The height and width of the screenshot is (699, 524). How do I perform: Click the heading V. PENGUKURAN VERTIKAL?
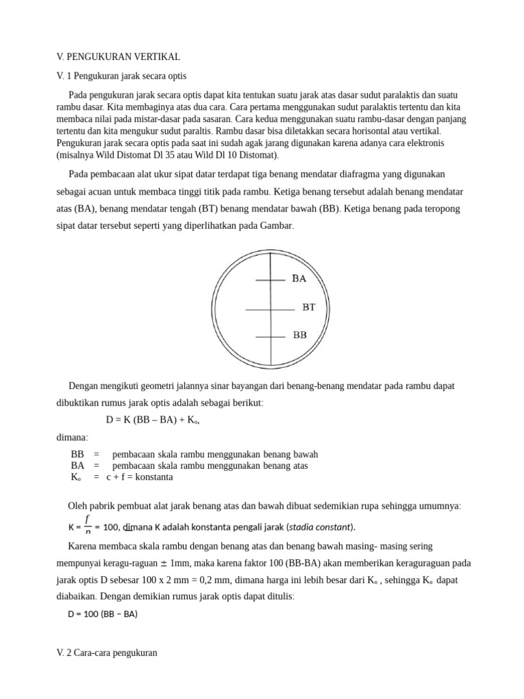pos(118,57)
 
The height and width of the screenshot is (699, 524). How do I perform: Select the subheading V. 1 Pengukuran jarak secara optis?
pos(121,75)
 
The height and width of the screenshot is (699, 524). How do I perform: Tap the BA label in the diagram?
pos(299,279)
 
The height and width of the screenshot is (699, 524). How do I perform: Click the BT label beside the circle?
pos(309,308)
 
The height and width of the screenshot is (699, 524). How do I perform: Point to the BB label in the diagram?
pos(300,335)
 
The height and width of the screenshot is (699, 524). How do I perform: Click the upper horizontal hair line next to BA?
pos(270,279)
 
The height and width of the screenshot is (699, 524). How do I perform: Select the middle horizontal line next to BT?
pos(270,310)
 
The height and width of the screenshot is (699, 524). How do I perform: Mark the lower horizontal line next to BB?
pos(270,337)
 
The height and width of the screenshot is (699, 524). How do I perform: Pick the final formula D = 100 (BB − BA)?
pos(102,614)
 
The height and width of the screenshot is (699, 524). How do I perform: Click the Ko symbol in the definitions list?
pos(76,477)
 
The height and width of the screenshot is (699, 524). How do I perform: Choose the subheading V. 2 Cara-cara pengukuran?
pos(107,653)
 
